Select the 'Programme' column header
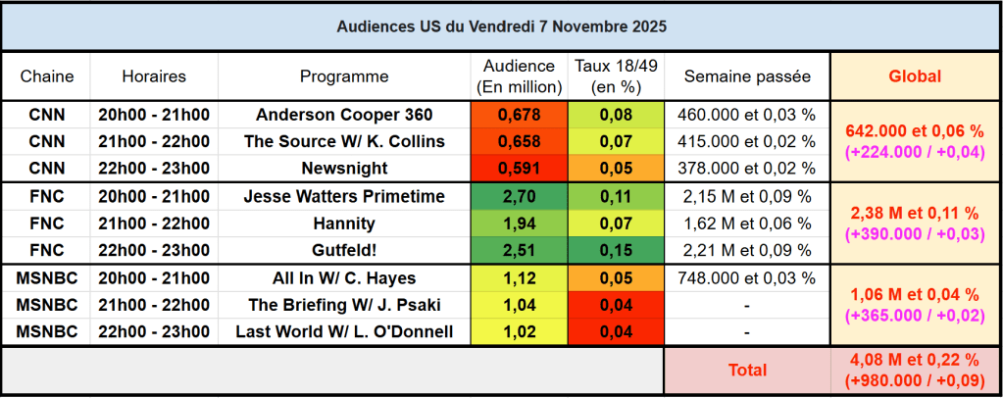pos(344,76)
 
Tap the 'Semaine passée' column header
pos(747,76)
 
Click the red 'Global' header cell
pos(914,76)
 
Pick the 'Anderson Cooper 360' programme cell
pos(344,115)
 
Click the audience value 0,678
pos(519,115)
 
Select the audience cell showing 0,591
pos(519,168)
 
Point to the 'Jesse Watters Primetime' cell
pos(344,197)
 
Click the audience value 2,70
pos(519,197)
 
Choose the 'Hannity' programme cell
pos(344,224)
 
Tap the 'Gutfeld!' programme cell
pos(344,250)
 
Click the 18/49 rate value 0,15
pos(617,250)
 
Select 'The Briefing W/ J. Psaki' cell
pos(344,305)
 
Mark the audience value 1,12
pos(519,278)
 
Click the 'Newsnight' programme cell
pos(344,168)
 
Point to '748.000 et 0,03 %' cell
pos(747,278)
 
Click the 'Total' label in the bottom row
pos(747,371)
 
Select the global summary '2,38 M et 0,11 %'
pos(914,213)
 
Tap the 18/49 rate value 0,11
pos(617,197)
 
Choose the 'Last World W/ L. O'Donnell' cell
pos(344,331)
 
